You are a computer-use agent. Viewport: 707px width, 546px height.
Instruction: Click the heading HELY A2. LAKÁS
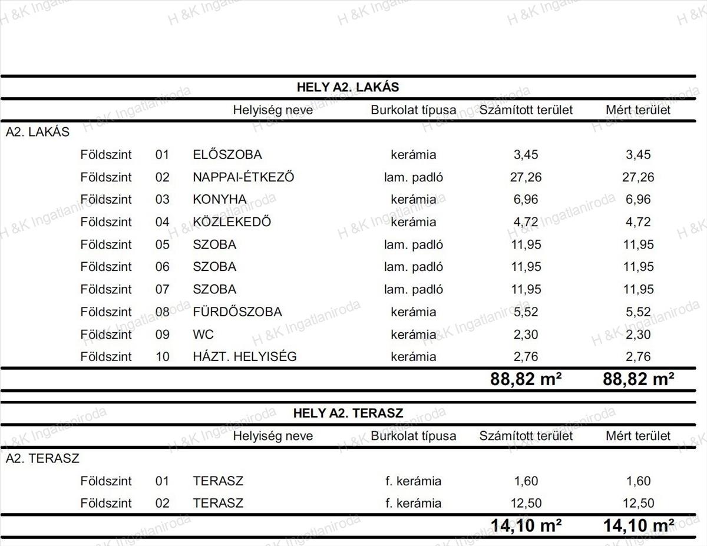coord(348,87)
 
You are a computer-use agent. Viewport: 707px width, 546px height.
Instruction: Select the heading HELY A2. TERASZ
coord(348,413)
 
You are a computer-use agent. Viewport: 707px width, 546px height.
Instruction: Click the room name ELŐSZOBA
coord(227,155)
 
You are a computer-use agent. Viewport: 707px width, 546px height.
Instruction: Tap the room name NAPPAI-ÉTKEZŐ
coord(243,177)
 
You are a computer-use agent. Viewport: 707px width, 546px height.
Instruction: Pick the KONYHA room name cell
coord(219,200)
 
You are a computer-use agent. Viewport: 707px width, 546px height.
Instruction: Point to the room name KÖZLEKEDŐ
coord(232,222)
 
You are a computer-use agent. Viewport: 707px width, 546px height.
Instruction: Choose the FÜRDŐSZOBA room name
coord(237,312)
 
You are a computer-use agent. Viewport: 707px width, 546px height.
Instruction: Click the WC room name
coord(203,335)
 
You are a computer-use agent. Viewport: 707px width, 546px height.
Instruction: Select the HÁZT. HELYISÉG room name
coord(245,357)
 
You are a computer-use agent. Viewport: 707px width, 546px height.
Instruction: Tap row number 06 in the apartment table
coord(162,267)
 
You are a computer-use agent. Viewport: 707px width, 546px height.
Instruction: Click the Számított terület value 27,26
coord(526,177)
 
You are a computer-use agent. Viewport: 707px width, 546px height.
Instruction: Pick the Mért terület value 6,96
coord(638,200)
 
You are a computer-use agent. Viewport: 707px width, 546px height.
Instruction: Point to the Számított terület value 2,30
coord(526,335)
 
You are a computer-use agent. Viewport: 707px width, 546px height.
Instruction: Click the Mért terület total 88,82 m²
coord(638,379)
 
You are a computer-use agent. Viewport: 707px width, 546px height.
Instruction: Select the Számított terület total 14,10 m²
coord(526,525)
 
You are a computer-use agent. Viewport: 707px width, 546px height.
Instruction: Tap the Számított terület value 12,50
coord(526,504)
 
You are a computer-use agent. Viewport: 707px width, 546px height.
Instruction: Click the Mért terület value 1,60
coord(638,481)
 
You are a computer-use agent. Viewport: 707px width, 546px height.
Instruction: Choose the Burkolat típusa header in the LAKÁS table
coord(413,110)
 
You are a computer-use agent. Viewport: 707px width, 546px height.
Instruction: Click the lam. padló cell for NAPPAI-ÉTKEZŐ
coord(413,177)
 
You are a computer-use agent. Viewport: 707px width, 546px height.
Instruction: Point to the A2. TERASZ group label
coord(42,458)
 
